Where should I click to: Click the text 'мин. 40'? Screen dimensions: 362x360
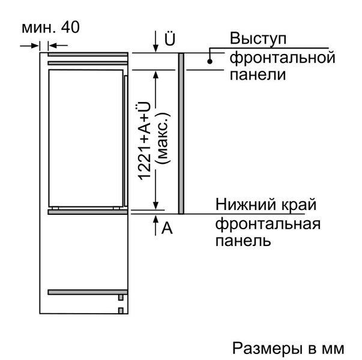(x=50, y=28)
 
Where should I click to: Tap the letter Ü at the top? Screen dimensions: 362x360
(x=170, y=40)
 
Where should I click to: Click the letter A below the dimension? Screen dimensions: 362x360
(x=168, y=229)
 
